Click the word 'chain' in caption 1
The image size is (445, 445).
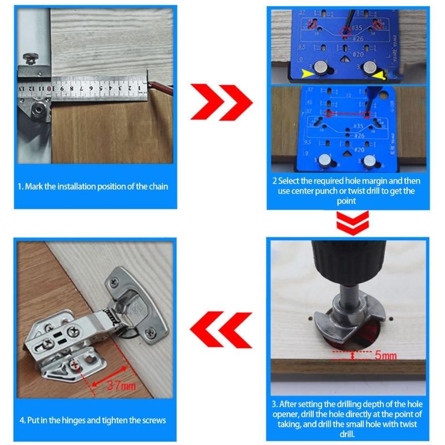click(x=157, y=186)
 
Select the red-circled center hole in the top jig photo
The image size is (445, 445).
click(x=346, y=32)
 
